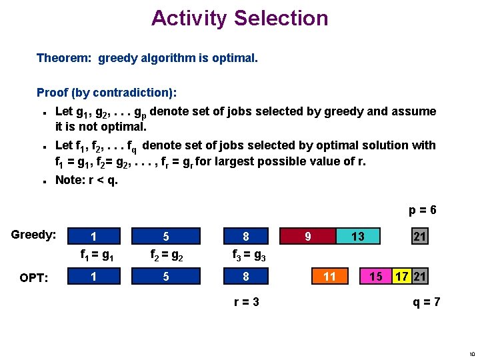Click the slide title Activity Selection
pyautogui.click(x=239, y=18)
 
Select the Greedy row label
pyautogui.click(x=33, y=235)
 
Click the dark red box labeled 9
pyautogui.click(x=307, y=236)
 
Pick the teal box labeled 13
pyautogui.click(x=358, y=236)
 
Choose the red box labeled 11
pyautogui.click(x=329, y=276)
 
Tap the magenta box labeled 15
pyautogui.click(x=375, y=276)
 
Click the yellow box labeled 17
pyautogui.click(x=401, y=276)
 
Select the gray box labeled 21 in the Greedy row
pyautogui.click(x=419, y=236)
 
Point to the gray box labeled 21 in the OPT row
pyautogui.click(x=419, y=276)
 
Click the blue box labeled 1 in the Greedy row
pyautogui.click(x=93, y=236)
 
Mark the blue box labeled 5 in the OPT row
pyautogui.click(x=165, y=276)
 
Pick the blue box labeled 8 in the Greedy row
pyautogui.click(x=245, y=236)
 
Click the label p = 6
pyautogui.click(x=423, y=210)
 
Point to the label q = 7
pyautogui.click(x=427, y=302)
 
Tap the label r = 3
pyautogui.click(x=246, y=302)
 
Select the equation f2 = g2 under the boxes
pyautogui.click(x=165, y=254)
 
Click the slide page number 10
pyautogui.click(x=471, y=353)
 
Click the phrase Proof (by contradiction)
pyautogui.click(x=106, y=93)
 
